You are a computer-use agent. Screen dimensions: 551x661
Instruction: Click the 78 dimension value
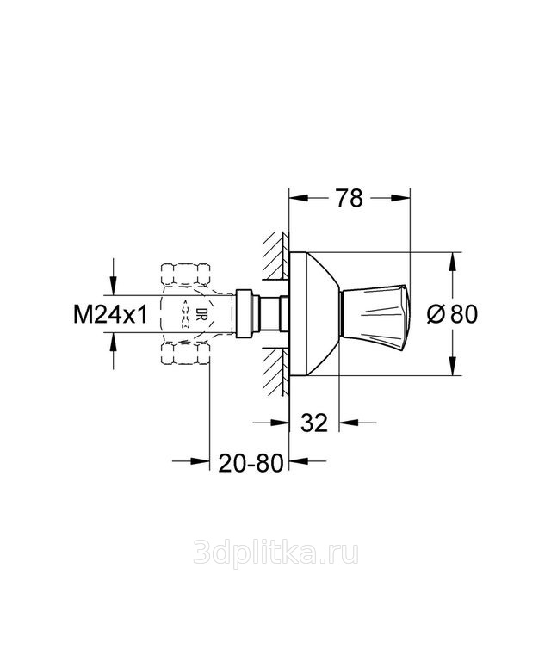tap(349, 198)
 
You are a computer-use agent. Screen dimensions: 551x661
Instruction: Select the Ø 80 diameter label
tap(452, 314)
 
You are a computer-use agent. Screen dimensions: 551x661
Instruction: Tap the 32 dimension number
tap(314, 423)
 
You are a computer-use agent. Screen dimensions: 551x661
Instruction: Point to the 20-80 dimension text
tap(251, 463)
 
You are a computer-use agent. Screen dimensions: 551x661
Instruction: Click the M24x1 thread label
tap(110, 314)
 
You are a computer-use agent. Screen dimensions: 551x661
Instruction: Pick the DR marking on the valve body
tap(199, 315)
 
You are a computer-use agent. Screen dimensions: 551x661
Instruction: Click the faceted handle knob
tap(375, 314)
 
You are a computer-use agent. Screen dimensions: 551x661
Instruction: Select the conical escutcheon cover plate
tap(314, 314)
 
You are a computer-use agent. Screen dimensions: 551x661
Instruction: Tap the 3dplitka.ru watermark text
tap(275, 553)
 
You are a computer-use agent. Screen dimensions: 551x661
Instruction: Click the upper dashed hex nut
tap(186, 273)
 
